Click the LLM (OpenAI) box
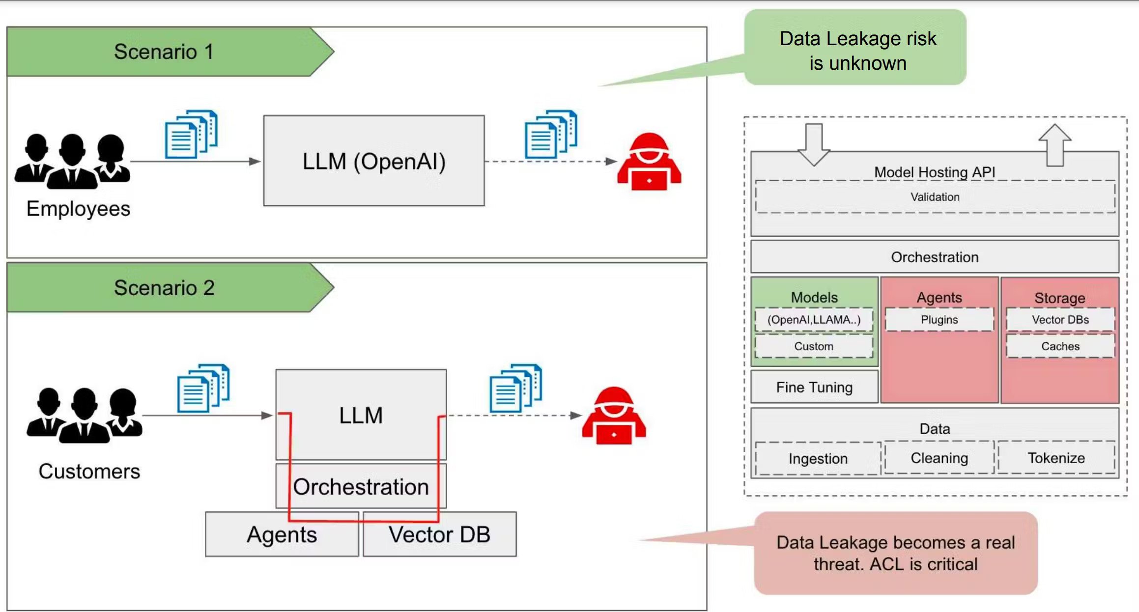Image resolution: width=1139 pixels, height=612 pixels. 373,161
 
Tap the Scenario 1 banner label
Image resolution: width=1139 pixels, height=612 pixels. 164,52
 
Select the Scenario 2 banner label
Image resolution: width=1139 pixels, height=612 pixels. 164,288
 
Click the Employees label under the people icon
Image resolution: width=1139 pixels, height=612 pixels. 78,209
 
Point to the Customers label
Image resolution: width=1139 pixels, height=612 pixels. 89,471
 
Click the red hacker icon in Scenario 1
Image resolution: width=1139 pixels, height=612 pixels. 649,162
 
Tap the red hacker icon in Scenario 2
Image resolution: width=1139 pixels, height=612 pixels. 614,416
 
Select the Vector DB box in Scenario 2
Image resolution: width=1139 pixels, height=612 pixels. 439,534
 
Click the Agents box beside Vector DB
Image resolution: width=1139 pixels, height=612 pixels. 282,534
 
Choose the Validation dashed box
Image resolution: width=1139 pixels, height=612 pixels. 935,197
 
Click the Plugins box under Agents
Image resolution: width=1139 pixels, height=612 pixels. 939,320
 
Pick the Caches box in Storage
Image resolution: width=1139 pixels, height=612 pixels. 1060,346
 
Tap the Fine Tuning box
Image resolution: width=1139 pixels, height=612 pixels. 814,387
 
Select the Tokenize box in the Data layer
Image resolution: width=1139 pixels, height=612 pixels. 1056,458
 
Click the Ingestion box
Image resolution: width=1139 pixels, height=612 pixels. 818,458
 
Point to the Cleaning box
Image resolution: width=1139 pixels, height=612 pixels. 939,458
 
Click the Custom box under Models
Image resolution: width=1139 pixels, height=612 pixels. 814,346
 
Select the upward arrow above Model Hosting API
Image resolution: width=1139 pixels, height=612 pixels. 1054,145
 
